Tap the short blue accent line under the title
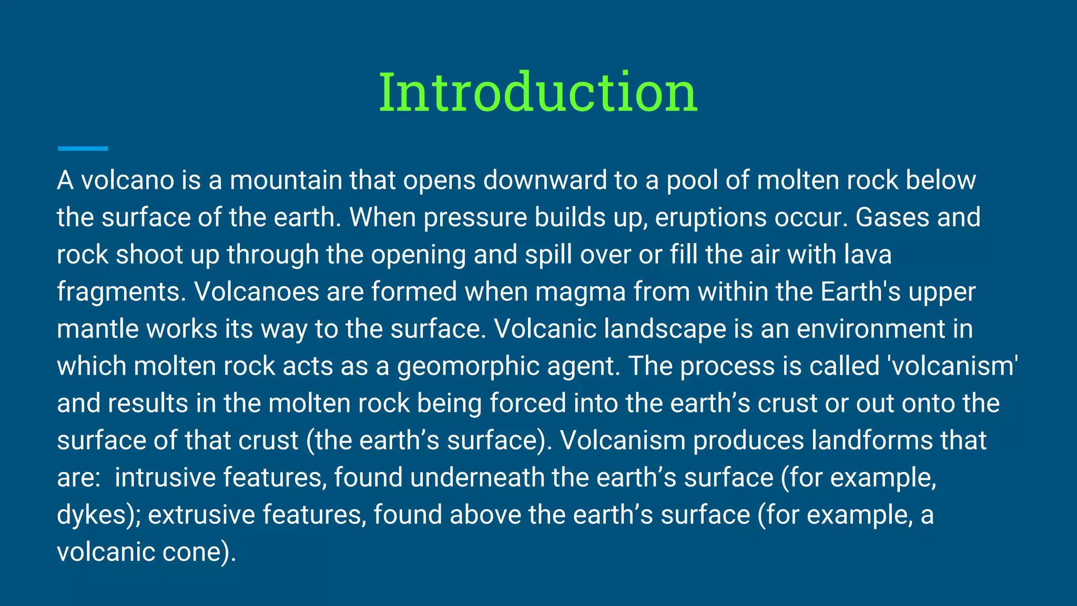coord(83,149)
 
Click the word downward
coord(545,180)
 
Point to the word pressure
coord(475,217)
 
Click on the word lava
coord(868,255)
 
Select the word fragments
coord(121,292)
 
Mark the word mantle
coord(97,329)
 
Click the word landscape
coord(665,329)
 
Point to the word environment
coord(871,329)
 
